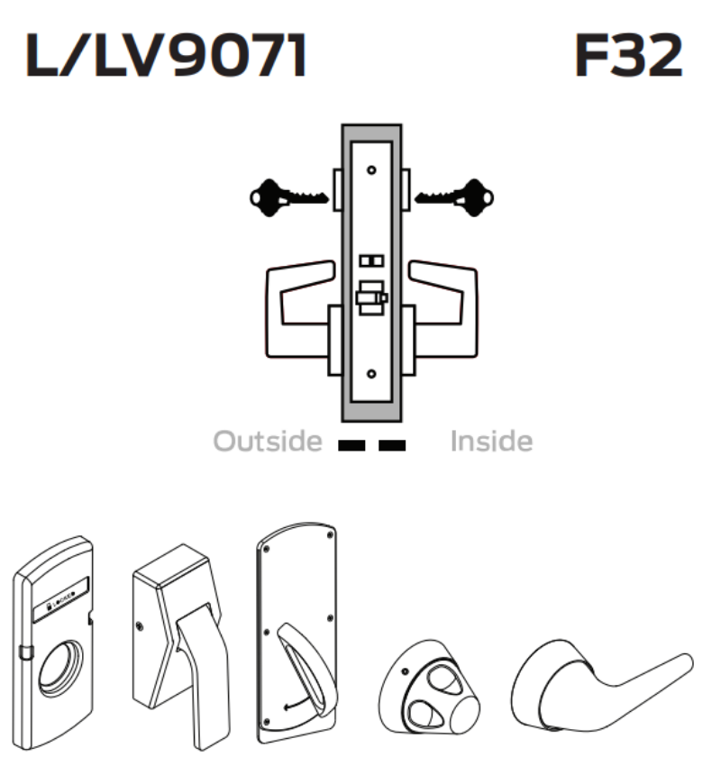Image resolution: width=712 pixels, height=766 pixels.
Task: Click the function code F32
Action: (x=628, y=58)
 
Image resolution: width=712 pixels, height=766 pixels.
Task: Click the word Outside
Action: (x=267, y=442)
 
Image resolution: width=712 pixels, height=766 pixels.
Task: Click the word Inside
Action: (x=491, y=442)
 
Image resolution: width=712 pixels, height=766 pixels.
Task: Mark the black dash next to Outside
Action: (x=350, y=444)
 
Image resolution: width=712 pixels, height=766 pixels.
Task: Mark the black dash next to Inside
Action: (x=393, y=444)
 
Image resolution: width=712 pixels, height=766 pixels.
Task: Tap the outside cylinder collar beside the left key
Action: (x=334, y=194)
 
